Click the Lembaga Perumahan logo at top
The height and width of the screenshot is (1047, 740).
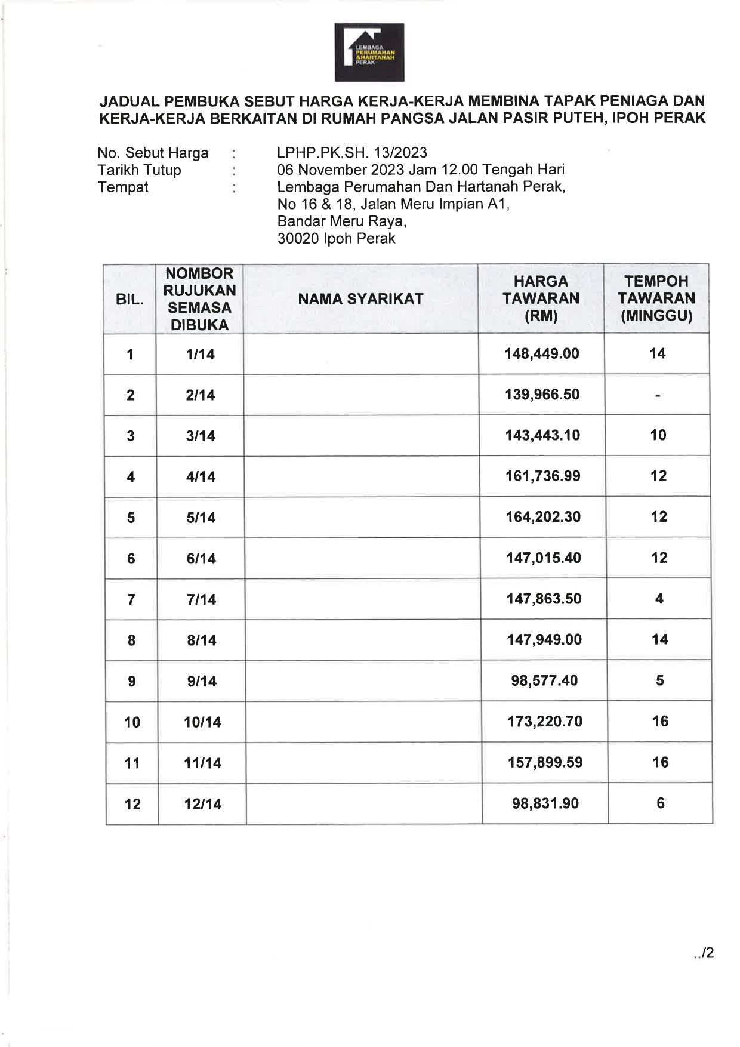(369, 53)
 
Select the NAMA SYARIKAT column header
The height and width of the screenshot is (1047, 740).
(360, 299)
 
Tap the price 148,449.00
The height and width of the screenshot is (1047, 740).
(542, 354)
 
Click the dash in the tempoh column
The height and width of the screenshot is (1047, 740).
(657, 395)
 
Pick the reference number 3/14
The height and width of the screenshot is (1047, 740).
(201, 436)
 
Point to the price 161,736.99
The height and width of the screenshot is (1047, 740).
(543, 476)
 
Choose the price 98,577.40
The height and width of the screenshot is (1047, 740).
(544, 681)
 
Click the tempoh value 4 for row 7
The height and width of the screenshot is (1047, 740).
(659, 599)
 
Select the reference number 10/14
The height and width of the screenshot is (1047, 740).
(202, 723)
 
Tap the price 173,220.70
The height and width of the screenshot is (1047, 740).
(545, 722)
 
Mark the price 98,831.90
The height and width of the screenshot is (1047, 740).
(545, 803)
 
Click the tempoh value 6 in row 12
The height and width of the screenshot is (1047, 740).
(660, 803)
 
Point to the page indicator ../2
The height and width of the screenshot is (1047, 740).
(704, 953)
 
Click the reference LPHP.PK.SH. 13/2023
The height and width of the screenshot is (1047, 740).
(352, 153)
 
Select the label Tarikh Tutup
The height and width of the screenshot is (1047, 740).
(139, 170)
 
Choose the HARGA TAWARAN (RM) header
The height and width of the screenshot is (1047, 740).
(541, 298)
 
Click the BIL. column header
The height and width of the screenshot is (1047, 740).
(129, 300)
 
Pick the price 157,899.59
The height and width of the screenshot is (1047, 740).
(545, 763)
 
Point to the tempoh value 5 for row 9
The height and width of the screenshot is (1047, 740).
(659, 680)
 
